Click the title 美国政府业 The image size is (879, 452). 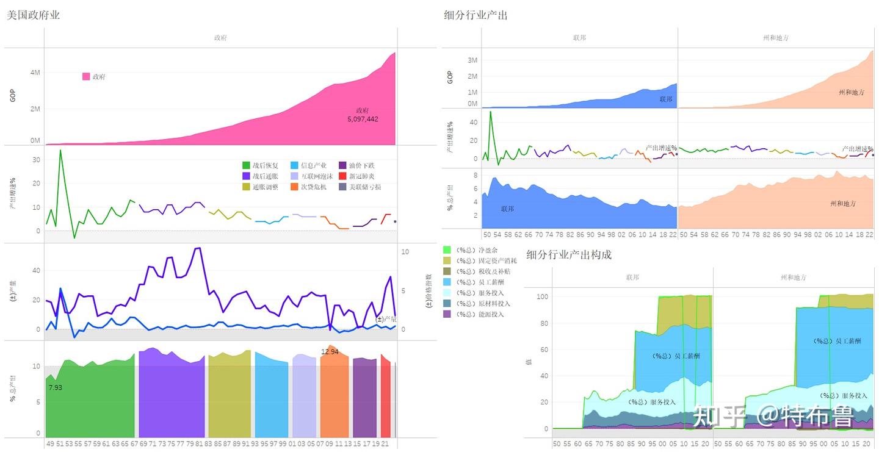(x=33, y=15)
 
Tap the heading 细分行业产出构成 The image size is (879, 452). (x=569, y=254)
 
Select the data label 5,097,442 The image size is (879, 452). (x=363, y=119)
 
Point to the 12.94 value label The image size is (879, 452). (x=330, y=352)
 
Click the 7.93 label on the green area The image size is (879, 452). (x=55, y=387)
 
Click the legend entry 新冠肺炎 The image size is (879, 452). (x=361, y=176)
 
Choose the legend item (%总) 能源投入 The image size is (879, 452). (x=479, y=314)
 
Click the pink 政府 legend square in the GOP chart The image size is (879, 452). (x=86, y=77)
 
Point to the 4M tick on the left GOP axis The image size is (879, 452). (x=35, y=73)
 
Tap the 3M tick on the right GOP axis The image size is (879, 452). (x=472, y=60)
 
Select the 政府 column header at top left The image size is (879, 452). (x=220, y=38)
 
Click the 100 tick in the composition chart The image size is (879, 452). (x=542, y=297)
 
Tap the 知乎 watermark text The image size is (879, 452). (x=720, y=417)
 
